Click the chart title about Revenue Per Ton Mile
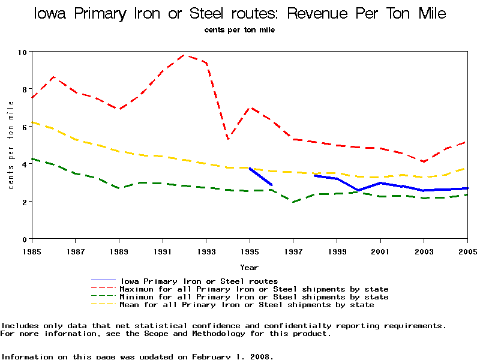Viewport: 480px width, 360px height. [240, 13]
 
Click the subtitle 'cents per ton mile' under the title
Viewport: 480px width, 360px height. [239, 29]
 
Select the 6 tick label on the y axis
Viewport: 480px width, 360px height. [25, 127]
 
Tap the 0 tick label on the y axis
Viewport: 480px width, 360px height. [25, 239]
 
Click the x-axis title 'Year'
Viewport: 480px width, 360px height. [250, 267]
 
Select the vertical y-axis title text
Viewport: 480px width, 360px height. [11, 145]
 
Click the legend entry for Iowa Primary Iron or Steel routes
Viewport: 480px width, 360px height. [199, 281]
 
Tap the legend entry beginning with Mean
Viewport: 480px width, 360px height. [247, 305]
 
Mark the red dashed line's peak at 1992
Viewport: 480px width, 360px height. [184, 55]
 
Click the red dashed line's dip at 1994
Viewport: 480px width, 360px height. [228, 139]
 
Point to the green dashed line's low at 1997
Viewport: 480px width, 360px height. [293, 202]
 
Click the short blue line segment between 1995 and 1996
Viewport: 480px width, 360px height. [260, 176]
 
